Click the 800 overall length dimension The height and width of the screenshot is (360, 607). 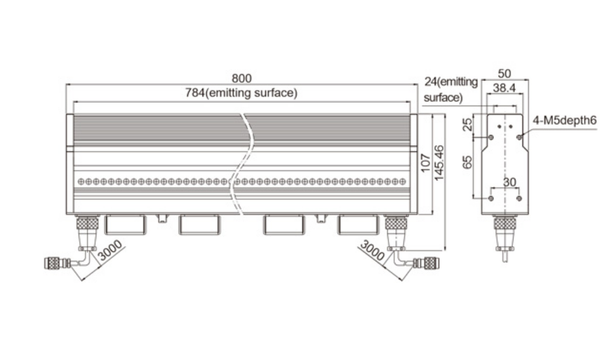point(241,78)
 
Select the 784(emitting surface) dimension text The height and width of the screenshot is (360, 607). point(241,93)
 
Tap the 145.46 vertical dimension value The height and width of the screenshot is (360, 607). point(439,163)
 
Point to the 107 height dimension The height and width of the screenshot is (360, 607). point(425,163)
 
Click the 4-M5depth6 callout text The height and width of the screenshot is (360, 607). point(565,121)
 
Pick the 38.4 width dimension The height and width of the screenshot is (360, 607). point(504,88)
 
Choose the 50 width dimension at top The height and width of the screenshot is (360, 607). point(504,73)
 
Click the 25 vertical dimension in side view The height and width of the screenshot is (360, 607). point(468,124)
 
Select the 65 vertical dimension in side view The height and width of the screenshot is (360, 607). point(468,162)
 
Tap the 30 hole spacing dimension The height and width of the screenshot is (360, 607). point(509,182)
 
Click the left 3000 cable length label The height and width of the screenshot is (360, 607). point(110,251)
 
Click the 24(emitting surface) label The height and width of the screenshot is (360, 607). point(451,90)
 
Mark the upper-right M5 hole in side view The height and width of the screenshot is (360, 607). point(519,137)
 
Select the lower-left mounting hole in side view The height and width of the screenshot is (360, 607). point(491,198)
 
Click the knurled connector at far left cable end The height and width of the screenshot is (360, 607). point(52,263)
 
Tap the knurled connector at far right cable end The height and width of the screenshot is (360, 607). point(430,263)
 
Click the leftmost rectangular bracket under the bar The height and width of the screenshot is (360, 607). point(126,225)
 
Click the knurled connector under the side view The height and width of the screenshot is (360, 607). point(504,223)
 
